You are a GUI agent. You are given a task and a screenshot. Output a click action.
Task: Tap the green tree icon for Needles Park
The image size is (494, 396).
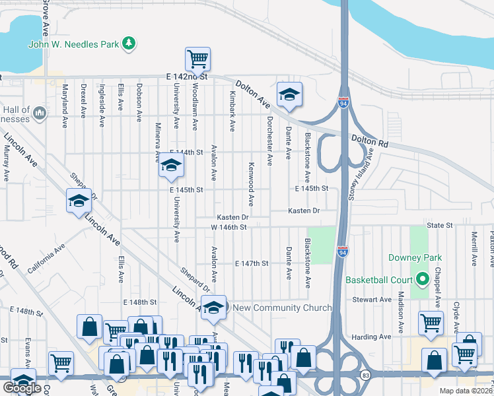point(131,44)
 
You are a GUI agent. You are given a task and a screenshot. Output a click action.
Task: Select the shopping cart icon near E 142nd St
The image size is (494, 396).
point(197,59)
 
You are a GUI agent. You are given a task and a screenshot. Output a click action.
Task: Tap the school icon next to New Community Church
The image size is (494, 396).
point(213,307)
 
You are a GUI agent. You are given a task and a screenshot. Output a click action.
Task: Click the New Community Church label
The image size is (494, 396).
point(277,308)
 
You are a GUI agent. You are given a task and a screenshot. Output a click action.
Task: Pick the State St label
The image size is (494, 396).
point(439,226)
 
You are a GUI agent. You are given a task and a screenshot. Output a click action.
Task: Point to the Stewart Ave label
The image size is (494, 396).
point(374,300)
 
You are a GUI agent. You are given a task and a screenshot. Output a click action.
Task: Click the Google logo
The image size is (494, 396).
point(22,388)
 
